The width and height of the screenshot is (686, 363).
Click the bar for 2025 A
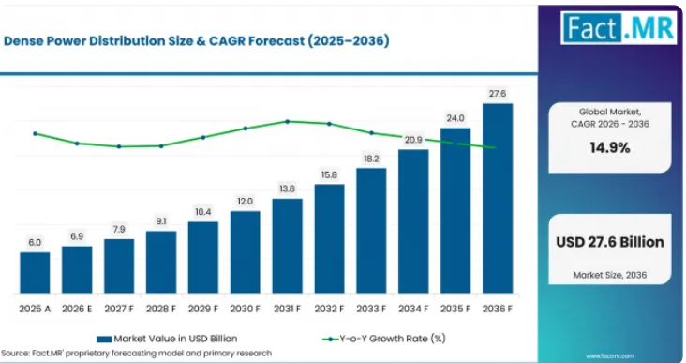(x=35, y=272)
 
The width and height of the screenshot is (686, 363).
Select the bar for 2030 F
(x=245, y=251)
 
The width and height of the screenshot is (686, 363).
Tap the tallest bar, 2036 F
(x=498, y=198)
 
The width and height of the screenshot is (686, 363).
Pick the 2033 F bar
(x=371, y=231)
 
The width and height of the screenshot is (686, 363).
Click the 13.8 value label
(x=287, y=189)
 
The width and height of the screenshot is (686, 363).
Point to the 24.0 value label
(x=455, y=118)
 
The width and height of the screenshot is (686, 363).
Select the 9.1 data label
(x=161, y=221)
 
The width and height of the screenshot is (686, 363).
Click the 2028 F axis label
(x=161, y=309)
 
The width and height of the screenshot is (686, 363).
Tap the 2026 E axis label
(x=77, y=309)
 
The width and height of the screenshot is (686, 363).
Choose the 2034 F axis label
(x=413, y=309)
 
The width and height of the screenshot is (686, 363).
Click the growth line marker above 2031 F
(x=288, y=121)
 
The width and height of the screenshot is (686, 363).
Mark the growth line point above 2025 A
(x=35, y=133)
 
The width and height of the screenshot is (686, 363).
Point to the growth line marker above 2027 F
(x=119, y=146)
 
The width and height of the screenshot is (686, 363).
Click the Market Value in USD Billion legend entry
(x=167, y=339)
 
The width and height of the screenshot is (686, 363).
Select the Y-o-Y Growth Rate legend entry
(x=383, y=339)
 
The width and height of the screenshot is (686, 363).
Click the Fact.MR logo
(x=619, y=27)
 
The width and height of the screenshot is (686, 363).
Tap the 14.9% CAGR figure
(x=610, y=148)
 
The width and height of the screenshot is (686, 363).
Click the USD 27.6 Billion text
(x=610, y=242)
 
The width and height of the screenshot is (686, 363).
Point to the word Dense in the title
(x=22, y=41)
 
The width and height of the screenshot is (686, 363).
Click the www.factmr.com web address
(x=610, y=356)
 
